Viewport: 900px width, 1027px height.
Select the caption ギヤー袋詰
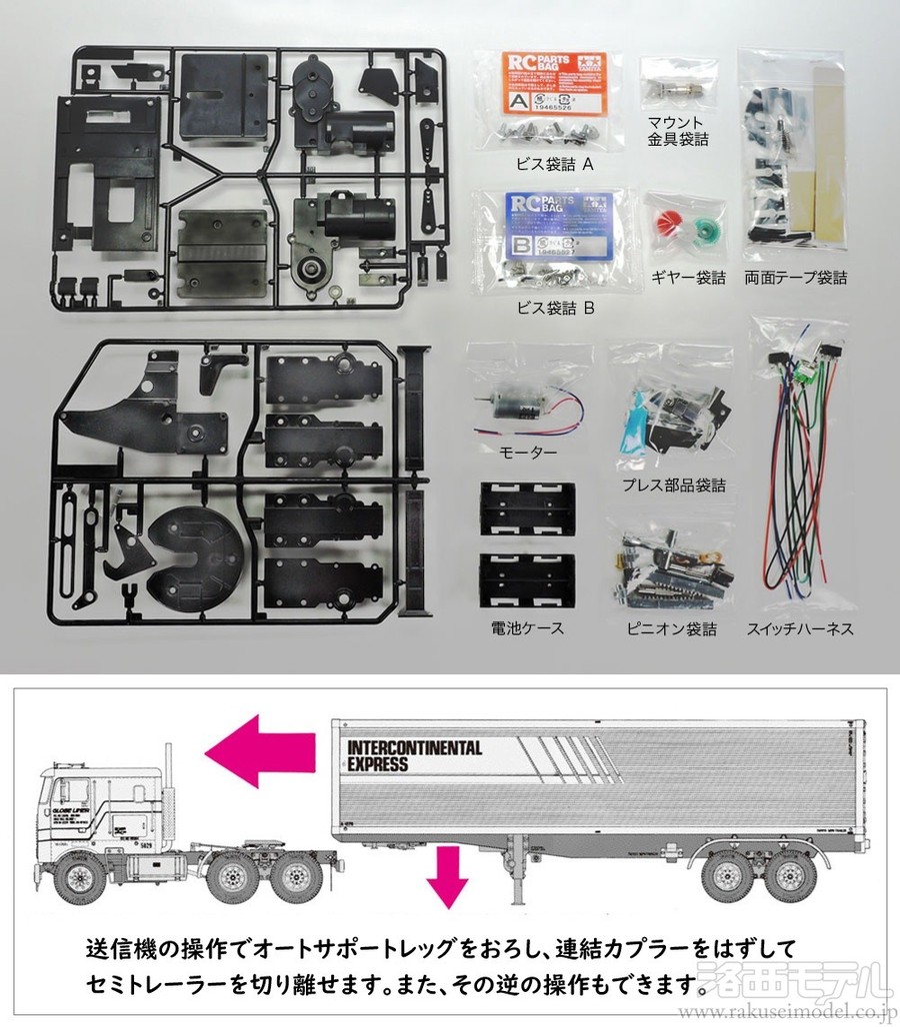coord(686,278)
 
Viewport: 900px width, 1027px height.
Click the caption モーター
coord(528,453)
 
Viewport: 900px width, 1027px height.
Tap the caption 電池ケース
coord(528,628)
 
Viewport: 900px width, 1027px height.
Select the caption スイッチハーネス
coord(800,629)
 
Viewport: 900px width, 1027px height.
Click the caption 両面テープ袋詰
coord(796,278)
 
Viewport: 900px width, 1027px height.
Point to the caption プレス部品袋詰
coord(673,486)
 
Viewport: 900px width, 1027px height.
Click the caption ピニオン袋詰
coord(674,629)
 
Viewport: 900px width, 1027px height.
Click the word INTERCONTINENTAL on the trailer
coord(413,747)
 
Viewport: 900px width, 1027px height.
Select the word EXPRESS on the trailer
coord(378,764)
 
